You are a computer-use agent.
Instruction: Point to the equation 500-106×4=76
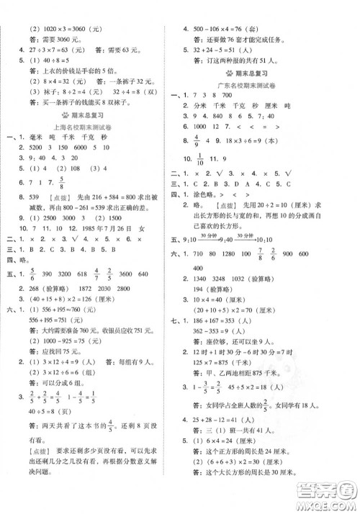232,30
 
